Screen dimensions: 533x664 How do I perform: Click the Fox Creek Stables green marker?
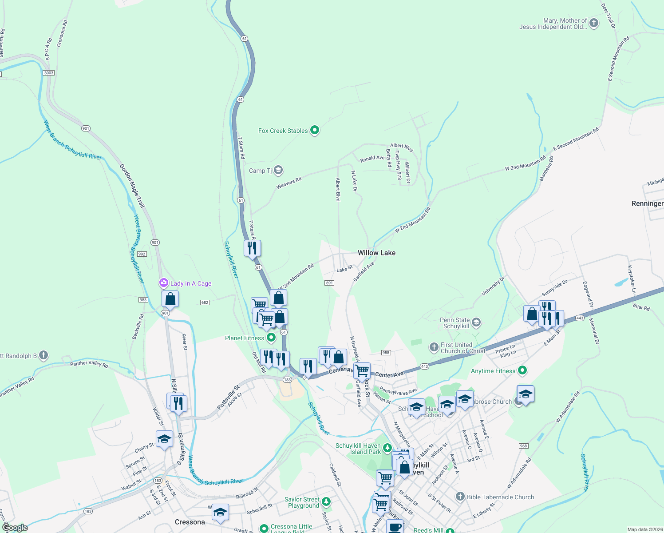[315, 130]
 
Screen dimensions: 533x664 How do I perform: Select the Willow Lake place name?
[376, 253]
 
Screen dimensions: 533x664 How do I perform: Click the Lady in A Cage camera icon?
[164, 283]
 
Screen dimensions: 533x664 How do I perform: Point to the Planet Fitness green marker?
[271, 338]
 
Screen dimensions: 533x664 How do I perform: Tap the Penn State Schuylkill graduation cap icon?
[476, 322]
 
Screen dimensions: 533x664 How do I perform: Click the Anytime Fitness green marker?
[522, 370]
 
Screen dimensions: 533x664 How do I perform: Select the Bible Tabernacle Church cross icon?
[460, 497]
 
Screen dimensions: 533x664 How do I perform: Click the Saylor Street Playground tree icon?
[326, 502]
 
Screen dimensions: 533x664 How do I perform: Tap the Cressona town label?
[190, 522]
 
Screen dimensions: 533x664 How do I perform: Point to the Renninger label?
[647, 203]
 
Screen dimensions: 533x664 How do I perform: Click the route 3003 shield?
[49, 73]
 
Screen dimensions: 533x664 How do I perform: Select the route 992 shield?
[142, 254]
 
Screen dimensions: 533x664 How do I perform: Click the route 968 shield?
[523, 446]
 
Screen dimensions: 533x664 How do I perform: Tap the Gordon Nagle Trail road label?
[132, 186]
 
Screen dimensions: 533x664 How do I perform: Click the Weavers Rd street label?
[289, 183]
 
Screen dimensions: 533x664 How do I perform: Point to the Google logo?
[15, 528]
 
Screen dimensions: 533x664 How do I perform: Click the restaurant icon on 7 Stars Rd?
[252, 248]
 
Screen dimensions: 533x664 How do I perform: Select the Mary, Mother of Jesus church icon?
[593, 24]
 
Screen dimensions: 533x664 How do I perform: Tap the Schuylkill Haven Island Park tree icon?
[387, 447]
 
